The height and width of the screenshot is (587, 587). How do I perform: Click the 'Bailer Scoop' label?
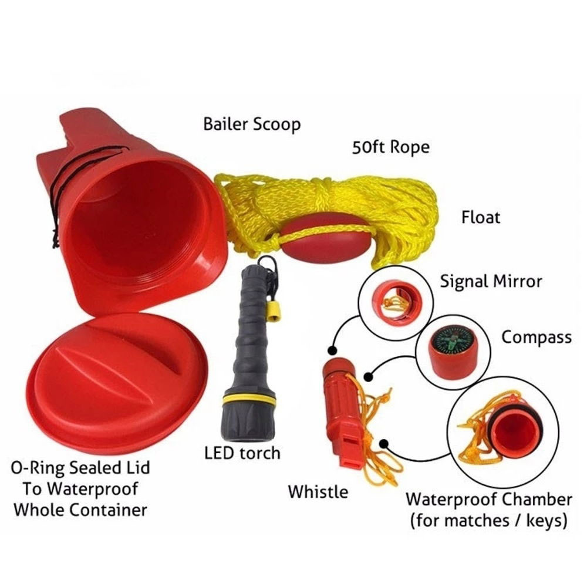[x=251, y=124]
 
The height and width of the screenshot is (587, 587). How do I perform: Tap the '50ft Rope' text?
[x=390, y=147]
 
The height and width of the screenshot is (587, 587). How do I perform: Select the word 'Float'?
[x=481, y=217]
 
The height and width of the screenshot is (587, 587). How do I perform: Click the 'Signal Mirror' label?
[x=491, y=282]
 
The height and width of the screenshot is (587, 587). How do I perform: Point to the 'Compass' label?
[x=536, y=338]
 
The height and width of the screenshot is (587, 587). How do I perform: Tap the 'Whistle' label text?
[x=318, y=491]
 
